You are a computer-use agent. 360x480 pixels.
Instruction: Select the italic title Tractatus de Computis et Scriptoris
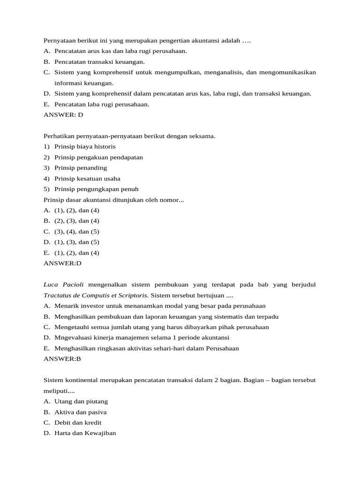point(96,295)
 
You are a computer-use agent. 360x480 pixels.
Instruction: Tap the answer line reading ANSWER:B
point(62,359)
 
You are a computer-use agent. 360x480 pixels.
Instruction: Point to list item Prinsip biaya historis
point(85,147)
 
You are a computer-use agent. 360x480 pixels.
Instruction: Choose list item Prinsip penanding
point(81,168)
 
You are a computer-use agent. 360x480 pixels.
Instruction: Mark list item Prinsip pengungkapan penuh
point(96,189)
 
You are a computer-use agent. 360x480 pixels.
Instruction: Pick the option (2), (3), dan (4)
point(77,221)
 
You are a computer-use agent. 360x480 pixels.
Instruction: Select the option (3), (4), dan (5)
point(77,232)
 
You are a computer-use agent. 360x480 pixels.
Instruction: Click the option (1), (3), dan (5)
point(77,242)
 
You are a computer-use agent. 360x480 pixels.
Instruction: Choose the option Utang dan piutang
point(81,401)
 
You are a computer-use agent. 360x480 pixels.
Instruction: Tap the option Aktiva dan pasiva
point(80,412)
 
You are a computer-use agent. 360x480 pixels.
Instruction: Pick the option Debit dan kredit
point(78,423)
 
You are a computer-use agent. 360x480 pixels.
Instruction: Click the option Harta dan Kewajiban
point(85,434)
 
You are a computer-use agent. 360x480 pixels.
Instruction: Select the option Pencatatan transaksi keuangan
point(99,61)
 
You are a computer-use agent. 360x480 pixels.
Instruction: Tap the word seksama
point(202,136)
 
